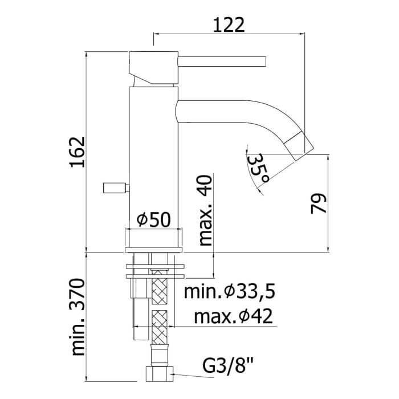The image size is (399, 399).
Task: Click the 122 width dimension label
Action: [229, 25]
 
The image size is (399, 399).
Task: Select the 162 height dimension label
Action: [77, 152]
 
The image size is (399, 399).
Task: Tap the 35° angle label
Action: [258, 169]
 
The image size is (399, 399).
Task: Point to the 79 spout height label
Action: [318, 203]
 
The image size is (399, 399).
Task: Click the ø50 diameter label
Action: [153, 219]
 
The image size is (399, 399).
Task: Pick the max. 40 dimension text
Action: [205, 210]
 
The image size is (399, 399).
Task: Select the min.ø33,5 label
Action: [230, 292]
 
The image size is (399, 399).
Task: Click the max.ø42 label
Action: [233, 316]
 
